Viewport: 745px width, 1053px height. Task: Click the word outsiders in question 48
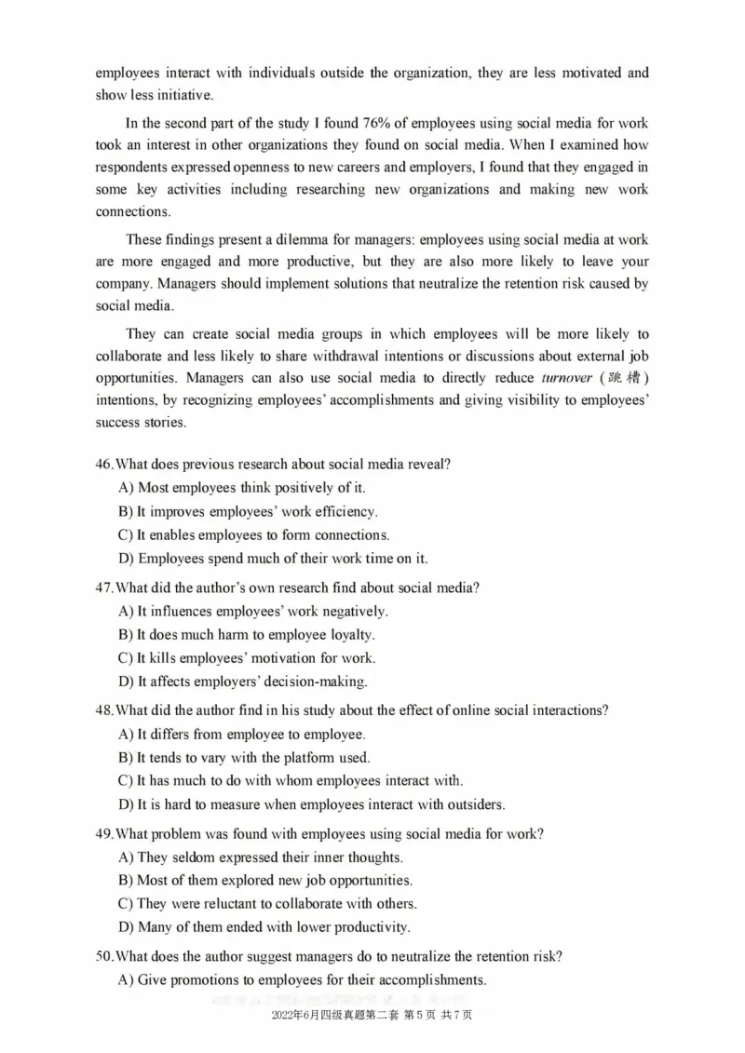[473, 804]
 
